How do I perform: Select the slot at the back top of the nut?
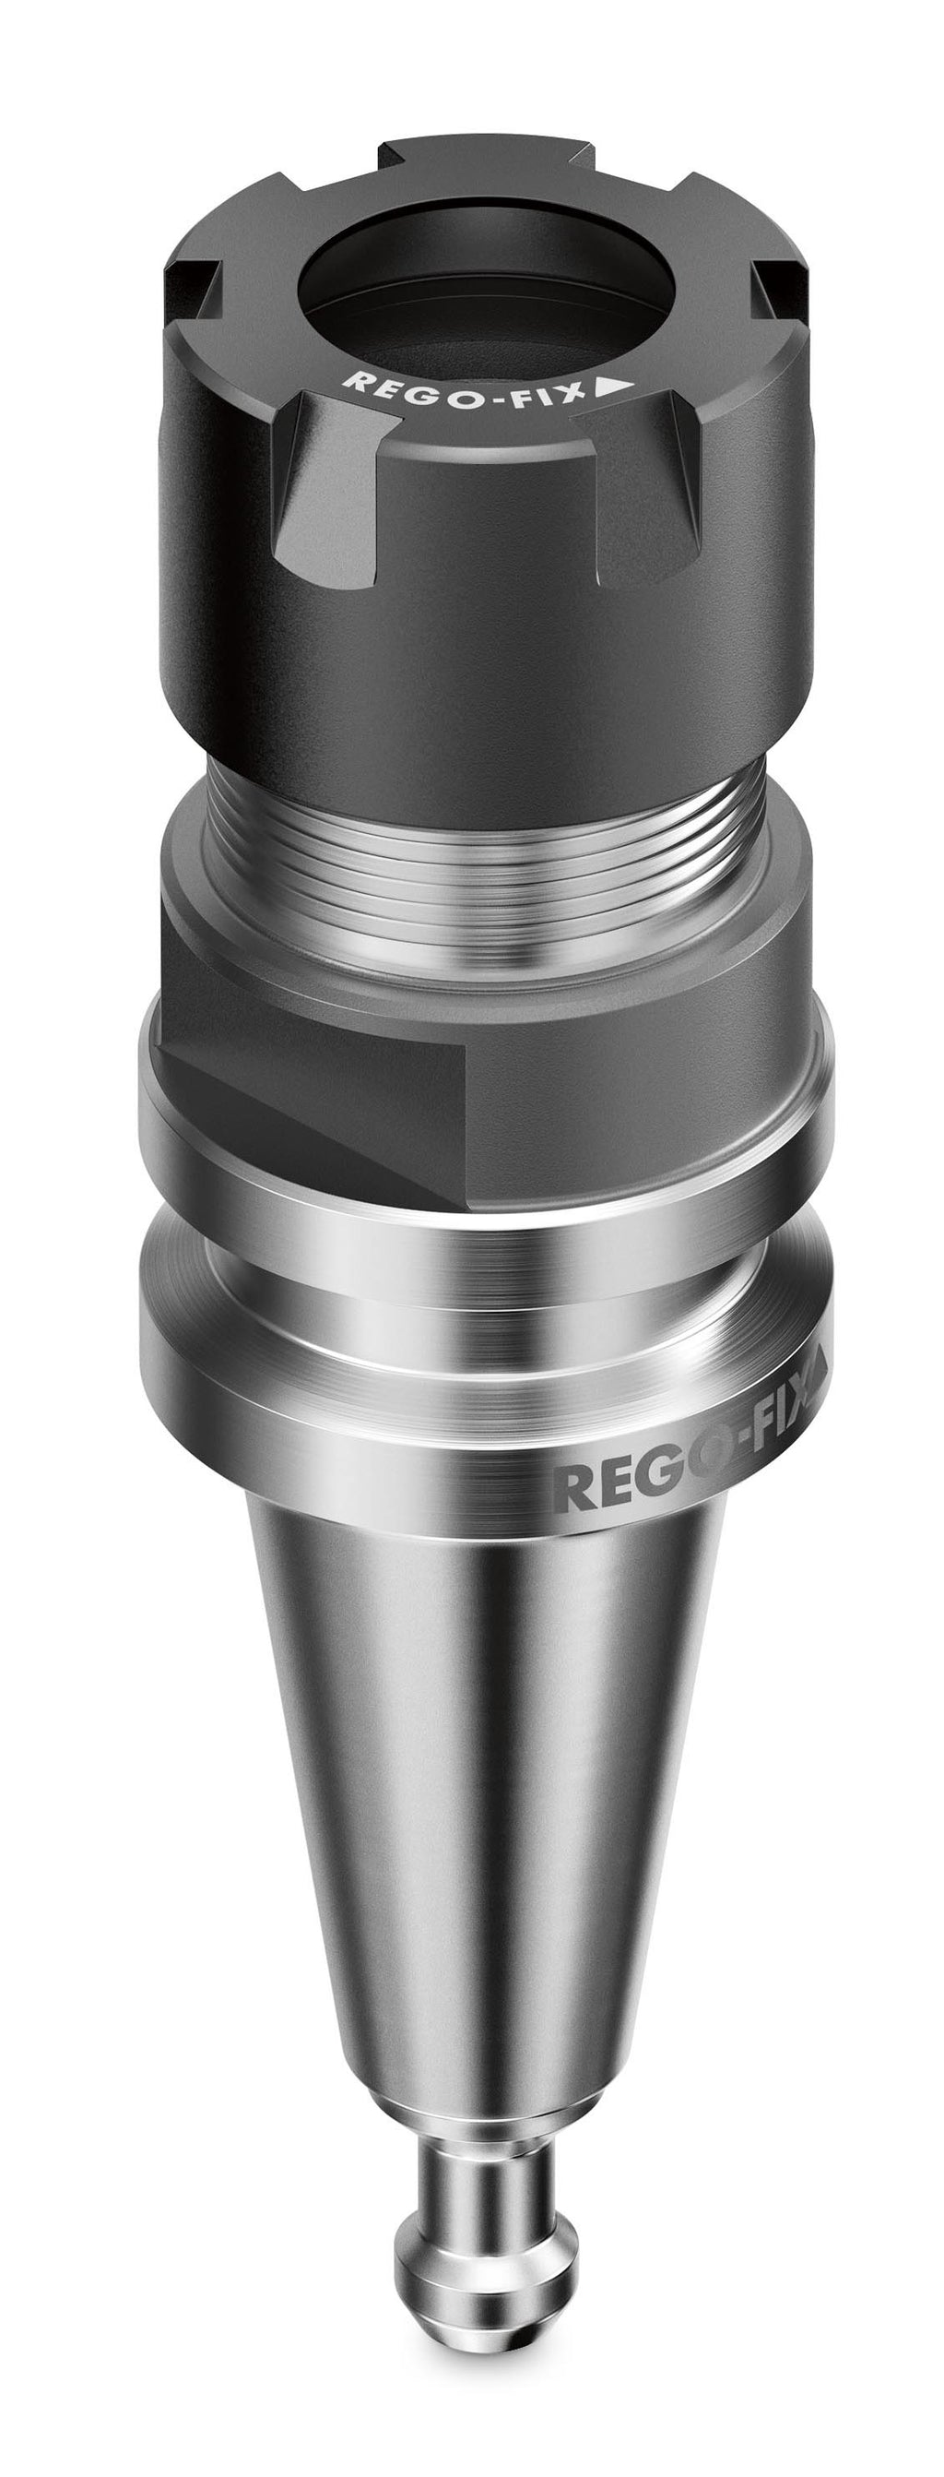click(486, 154)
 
